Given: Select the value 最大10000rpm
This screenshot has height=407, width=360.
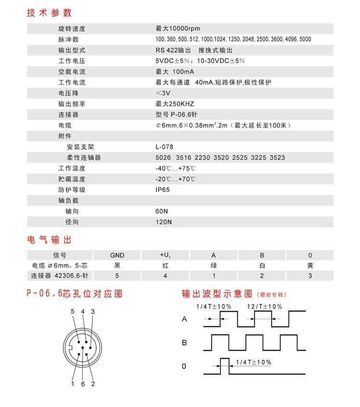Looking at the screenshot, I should point(174,29).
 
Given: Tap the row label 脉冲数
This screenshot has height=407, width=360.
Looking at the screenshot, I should point(68,39).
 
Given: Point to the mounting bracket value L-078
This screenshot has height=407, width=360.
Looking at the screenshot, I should point(164,147).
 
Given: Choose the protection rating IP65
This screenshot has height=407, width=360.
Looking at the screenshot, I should point(162,190).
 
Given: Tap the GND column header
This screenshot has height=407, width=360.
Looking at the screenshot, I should point(117,255).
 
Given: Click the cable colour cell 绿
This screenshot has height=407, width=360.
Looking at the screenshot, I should point(213,266).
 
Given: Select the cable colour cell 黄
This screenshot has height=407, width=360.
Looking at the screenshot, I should point(310,266).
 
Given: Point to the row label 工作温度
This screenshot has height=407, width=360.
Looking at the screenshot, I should point(72,168).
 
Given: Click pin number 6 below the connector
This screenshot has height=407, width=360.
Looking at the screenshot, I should point(83,383).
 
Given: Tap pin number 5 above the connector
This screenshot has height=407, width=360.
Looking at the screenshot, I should point(73,312).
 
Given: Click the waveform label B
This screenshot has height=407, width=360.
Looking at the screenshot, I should point(184,343).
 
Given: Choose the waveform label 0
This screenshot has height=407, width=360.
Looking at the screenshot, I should point(183,367).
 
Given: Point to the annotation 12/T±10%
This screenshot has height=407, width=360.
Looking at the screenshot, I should point(265,306).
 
